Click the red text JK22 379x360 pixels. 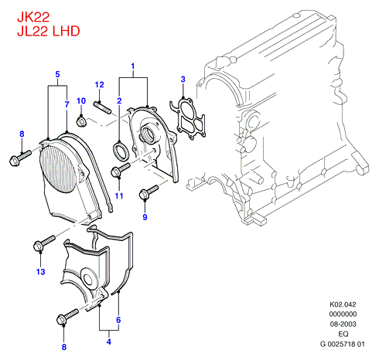pos(33,17)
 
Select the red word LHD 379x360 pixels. pos(66,31)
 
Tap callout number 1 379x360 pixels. pos(133,66)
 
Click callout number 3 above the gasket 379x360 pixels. pos(183,79)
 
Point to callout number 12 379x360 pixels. pos(100,85)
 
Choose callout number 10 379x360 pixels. pos(81,100)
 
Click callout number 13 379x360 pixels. pos(41,272)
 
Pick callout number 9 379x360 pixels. pos(145,217)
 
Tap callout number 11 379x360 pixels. pos(119,195)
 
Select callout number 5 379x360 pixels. pos(57,74)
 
